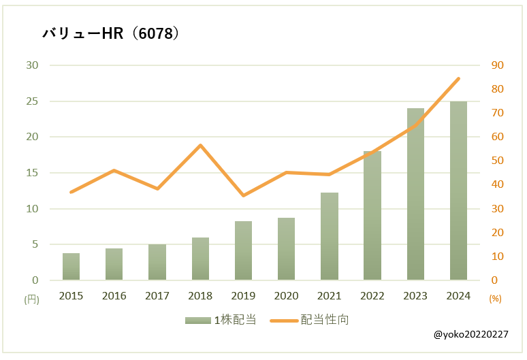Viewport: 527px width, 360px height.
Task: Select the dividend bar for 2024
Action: point(458,191)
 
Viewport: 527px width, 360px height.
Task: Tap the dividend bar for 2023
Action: point(415,194)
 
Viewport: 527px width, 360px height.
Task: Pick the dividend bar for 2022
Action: point(372,215)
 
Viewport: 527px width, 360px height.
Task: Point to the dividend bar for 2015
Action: point(71,266)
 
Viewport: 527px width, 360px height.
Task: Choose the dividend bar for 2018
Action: point(200,259)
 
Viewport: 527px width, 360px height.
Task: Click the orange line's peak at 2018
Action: point(200,145)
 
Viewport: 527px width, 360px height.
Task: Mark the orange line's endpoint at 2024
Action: point(459,78)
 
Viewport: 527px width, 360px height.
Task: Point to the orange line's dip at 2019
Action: point(243,195)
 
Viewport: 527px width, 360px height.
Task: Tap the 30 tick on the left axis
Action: point(33,65)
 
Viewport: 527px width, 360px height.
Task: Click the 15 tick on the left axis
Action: point(33,173)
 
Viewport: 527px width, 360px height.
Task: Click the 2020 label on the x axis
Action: point(286,295)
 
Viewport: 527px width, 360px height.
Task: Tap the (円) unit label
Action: point(32,298)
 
